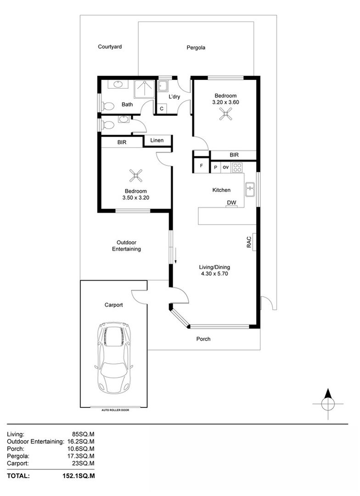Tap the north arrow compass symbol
(328, 404)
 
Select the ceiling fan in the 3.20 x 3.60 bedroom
(225, 115)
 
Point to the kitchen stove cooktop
(237, 167)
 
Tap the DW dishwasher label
(231, 203)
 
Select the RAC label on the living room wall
(248, 242)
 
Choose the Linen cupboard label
(157, 140)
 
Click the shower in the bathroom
(145, 89)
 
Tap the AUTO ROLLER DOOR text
(115, 410)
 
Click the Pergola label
(196, 47)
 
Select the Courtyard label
(110, 46)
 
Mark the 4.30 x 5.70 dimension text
(214, 274)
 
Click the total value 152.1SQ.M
(80, 476)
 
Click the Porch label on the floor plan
(203, 339)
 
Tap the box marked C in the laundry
(162, 108)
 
